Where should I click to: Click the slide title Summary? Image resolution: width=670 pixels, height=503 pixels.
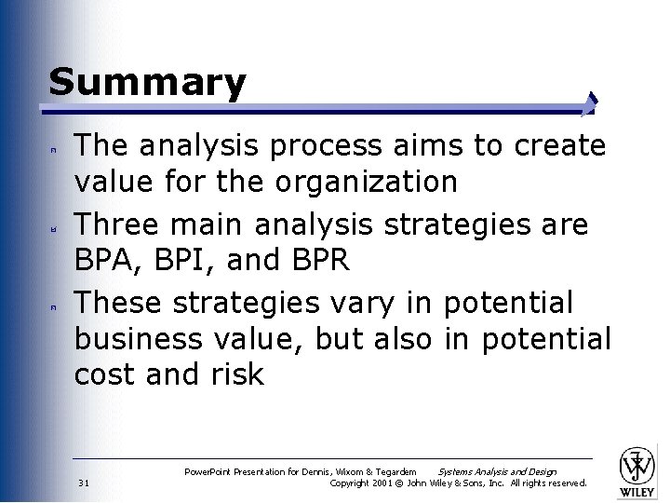(x=147, y=83)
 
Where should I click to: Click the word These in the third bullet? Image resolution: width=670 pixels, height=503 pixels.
(x=116, y=303)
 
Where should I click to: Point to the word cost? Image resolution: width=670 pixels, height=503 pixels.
(x=106, y=375)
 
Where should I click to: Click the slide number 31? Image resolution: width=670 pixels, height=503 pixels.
(x=84, y=483)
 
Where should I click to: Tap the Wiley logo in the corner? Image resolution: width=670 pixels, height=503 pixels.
(x=637, y=469)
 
